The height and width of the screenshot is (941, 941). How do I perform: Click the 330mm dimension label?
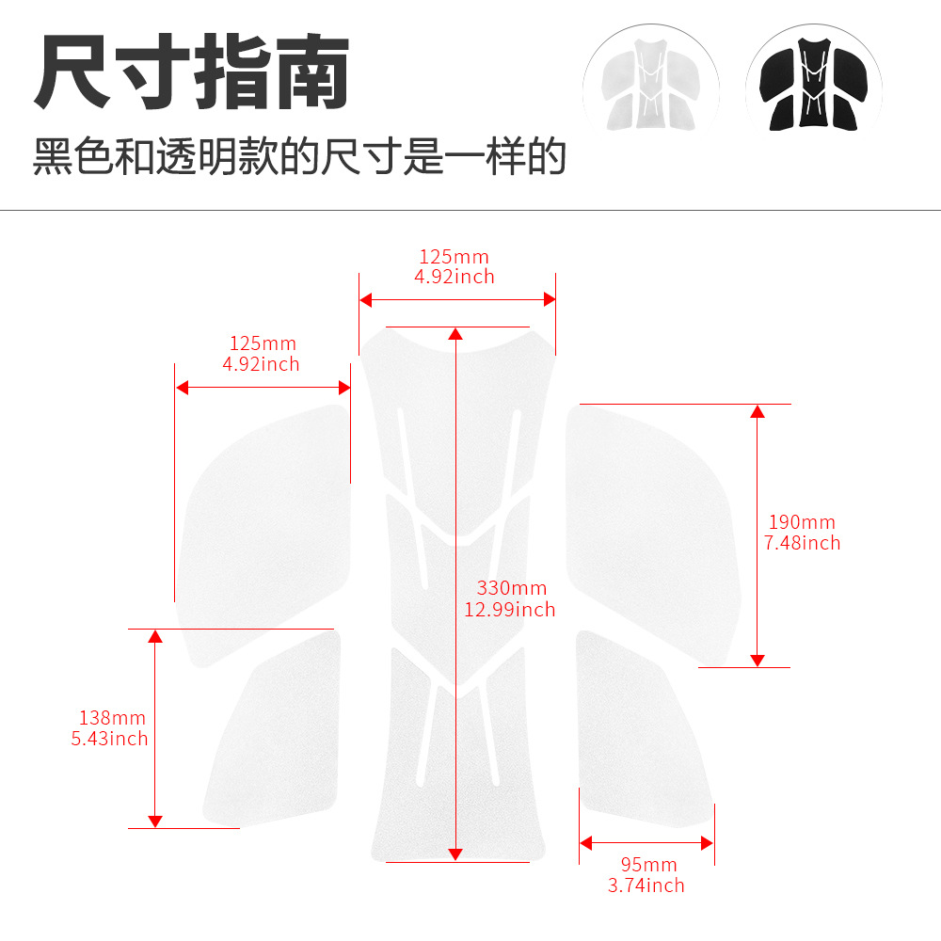pos(512,587)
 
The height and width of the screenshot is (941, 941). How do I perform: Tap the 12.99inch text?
pos(509,609)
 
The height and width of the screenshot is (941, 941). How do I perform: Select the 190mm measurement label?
pos(802,522)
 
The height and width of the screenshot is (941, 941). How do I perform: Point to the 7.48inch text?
pos(802,543)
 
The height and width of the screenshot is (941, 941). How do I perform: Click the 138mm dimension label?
pos(112,718)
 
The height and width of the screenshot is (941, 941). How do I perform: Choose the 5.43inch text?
pos(109,738)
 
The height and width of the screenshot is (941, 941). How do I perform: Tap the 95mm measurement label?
pos(648,864)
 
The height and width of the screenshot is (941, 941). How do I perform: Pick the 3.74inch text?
pos(646,885)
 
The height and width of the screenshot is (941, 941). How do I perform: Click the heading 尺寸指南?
pos(192,72)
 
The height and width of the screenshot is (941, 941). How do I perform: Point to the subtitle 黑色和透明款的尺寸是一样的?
pos(299,156)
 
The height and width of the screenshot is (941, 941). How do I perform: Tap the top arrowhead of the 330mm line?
pos(455,334)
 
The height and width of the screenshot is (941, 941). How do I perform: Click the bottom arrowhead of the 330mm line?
pos(455,855)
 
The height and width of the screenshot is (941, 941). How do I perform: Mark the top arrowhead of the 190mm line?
pos(758,411)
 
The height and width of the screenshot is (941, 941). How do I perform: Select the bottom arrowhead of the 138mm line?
pos(155,821)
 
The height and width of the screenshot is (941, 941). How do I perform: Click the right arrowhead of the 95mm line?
pos(707,843)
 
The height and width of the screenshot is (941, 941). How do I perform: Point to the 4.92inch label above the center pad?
pos(455,277)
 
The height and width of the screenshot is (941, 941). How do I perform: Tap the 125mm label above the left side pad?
pos(263,343)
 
